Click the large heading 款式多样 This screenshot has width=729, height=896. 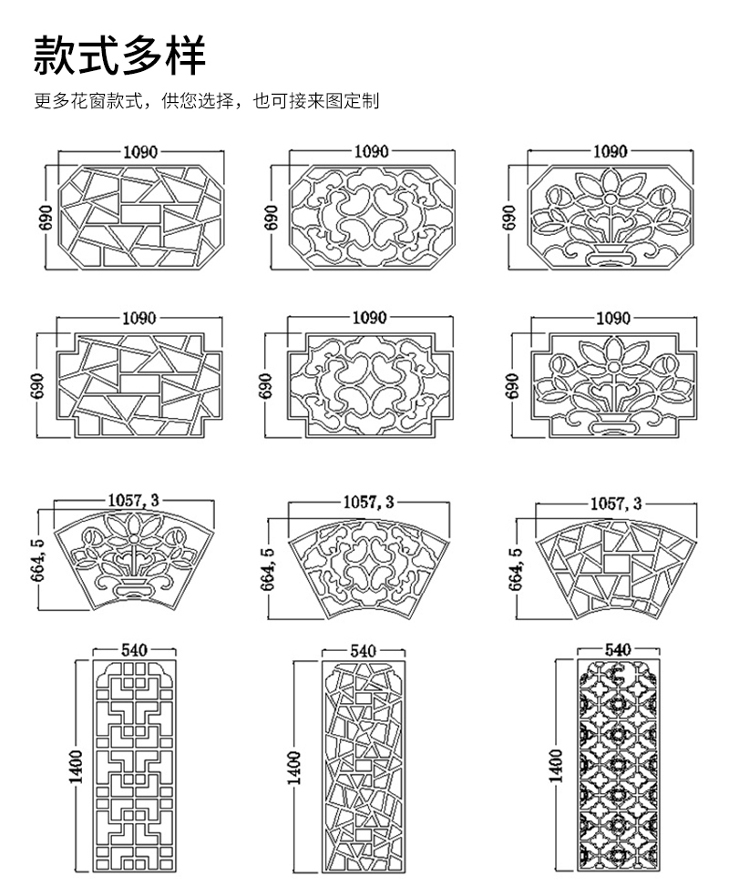pos(119,55)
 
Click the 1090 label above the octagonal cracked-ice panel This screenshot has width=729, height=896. pos(140,152)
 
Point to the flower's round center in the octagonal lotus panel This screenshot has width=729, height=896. pos(611,199)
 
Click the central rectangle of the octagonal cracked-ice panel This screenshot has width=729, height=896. pos(140,212)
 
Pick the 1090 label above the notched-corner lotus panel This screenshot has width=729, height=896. pos(613,318)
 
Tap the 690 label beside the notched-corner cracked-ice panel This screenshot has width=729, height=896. pos(37,386)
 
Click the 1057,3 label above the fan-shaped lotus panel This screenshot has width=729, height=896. pos(134,501)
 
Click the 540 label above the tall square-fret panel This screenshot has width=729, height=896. pos(134,650)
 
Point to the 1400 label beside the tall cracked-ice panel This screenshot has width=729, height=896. pos(293,768)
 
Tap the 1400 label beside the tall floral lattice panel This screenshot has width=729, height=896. pos(555,766)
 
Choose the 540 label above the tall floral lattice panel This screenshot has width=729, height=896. pos(618,649)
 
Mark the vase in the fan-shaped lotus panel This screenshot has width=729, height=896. pos(133,588)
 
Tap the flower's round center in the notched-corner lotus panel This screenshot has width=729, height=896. pos(614,366)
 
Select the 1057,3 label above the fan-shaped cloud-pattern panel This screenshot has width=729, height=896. pos(369,502)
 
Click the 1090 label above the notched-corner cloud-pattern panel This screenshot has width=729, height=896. pos(369,317)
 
